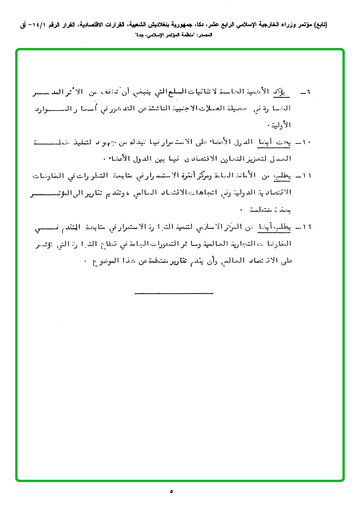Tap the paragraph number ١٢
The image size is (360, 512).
pos(305,227)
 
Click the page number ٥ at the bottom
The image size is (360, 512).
pos(171,492)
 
